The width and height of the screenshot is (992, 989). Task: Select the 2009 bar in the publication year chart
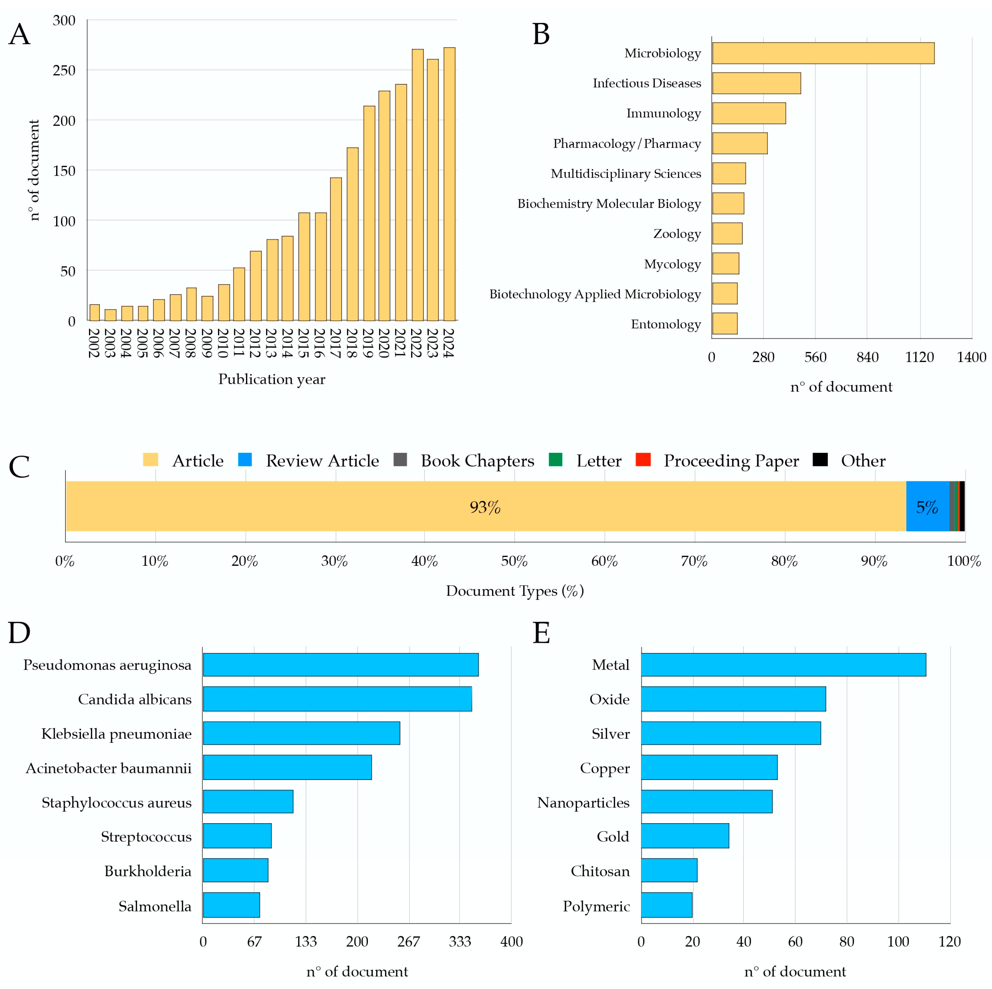(207, 308)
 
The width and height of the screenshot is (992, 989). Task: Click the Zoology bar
(727, 234)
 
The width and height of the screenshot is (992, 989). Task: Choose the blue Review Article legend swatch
(245, 459)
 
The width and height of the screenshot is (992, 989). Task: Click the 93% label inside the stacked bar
(485, 507)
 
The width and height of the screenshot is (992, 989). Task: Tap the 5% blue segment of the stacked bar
(927, 506)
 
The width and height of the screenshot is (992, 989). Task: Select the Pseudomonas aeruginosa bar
(340, 665)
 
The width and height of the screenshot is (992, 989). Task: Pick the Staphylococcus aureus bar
(248, 802)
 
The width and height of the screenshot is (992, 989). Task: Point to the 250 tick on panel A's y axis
(64, 70)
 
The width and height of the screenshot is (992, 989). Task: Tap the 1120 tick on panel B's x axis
(919, 357)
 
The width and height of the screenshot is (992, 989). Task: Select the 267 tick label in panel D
(409, 942)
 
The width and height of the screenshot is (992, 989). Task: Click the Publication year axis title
(272, 379)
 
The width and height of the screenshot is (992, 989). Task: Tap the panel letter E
(541, 633)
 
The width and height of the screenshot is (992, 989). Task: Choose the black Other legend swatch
(820, 459)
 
